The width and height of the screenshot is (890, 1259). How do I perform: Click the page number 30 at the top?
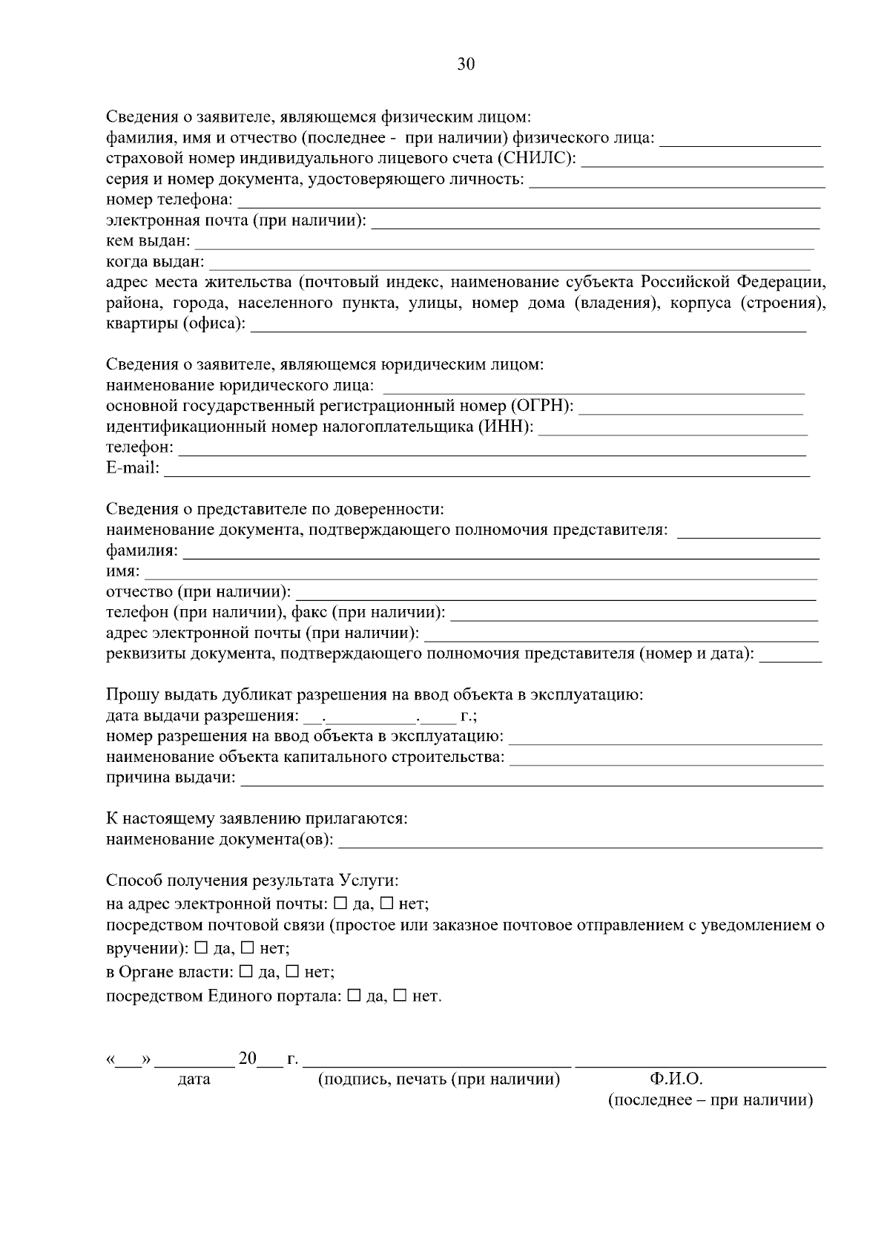pyautogui.click(x=465, y=65)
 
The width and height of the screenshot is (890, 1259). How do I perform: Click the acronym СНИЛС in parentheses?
pyautogui.click(x=540, y=159)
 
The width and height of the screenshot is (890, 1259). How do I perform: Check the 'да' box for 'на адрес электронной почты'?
pyautogui.click(x=340, y=904)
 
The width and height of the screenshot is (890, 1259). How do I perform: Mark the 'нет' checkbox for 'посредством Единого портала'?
pyautogui.click(x=400, y=996)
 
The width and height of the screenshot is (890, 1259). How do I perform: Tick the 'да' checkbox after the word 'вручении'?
pyautogui.click(x=201, y=948)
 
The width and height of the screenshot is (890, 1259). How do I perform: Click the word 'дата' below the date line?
pyautogui.click(x=194, y=1079)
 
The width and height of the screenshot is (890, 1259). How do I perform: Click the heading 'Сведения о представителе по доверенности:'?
pyautogui.click(x=274, y=510)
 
